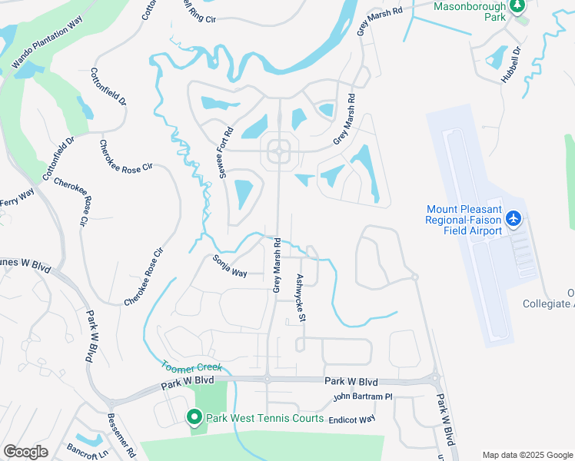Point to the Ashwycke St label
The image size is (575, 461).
(x=302, y=298)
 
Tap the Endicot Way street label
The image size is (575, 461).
(x=351, y=420)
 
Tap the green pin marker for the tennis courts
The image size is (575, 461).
(x=194, y=418)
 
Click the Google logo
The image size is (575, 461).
(x=25, y=452)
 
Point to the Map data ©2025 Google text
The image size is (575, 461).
(x=527, y=455)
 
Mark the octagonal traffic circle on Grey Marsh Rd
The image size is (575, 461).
(x=278, y=152)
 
